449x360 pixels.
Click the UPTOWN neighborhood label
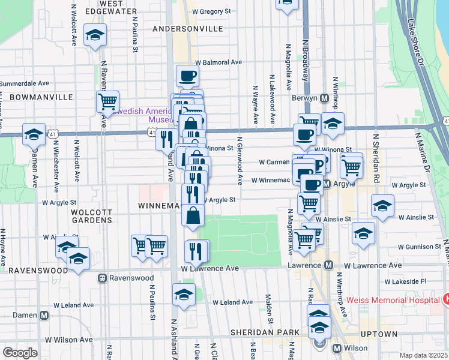(x=379, y=334)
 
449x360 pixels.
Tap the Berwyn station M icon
(x=324, y=98)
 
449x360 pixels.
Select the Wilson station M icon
(x=337, y=348)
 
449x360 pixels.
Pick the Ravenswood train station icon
(x=103, y=278)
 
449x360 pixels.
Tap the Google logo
(x=20, y=352)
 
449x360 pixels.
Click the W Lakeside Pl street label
(x=405, y=281)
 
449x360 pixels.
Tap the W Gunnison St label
(x=411, y=247)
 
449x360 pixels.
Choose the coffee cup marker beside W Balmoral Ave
(x=187, y=75)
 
